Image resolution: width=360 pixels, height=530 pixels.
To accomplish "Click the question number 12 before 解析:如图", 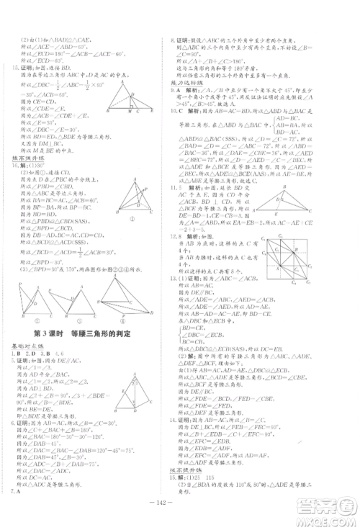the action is coord(189,234).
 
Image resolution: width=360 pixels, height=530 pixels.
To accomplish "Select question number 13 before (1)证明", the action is coord(189,278).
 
